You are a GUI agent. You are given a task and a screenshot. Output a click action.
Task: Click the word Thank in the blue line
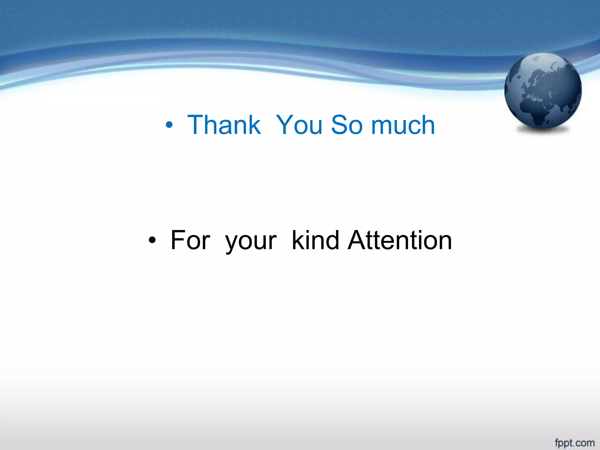224,125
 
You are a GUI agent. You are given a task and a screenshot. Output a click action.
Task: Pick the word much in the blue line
403,125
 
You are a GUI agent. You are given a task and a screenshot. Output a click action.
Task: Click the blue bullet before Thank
169,125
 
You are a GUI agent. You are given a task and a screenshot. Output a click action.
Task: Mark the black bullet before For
152,241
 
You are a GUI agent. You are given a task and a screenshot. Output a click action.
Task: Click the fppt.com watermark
575,443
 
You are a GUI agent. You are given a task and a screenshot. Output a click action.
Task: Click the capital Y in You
286,125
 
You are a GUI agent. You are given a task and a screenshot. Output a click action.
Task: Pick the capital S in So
339,125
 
